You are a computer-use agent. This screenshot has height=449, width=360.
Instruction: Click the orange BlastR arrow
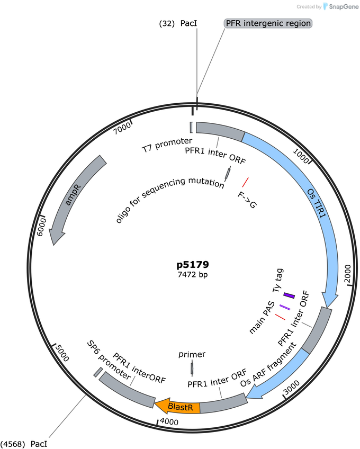pyautogui.click(x=177, y=406)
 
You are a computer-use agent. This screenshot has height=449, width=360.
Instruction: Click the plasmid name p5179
pyautogui.click(x=193, y=264)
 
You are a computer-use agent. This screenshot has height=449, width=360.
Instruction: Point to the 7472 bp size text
pyautogui.click(x=193, y=275)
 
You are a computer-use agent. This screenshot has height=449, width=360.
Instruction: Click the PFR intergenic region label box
pyautogui.click(x=268, y=23)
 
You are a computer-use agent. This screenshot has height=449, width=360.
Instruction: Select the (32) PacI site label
pyautogui.click(x=178, y=23)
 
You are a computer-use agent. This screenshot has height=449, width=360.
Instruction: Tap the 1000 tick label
pyautogui.click(x=301, y=156)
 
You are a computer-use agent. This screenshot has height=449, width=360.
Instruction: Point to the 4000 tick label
pyautogui.click(x=169, y=421)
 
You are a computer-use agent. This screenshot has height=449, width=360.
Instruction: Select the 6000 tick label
pyautogui.click(x=42, y=227)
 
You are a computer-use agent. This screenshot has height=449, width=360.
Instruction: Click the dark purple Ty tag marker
pyautogui.click(x=289, y=295)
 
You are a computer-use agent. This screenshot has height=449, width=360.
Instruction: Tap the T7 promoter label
pyautogui.click(x=167, y=145)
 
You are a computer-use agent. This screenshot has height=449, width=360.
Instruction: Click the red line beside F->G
pyautogui.click(x=246, y=182)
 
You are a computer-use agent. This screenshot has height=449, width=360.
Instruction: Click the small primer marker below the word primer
pyautogui.click(x=192, y=368)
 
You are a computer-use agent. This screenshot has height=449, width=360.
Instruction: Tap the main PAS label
pyautogui.click(x=262, y=318)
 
